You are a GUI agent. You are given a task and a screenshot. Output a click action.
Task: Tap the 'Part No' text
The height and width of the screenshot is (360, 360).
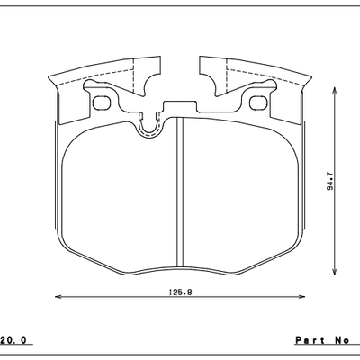320,340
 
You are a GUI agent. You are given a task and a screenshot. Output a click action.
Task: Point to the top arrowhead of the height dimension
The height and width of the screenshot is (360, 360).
336,90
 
